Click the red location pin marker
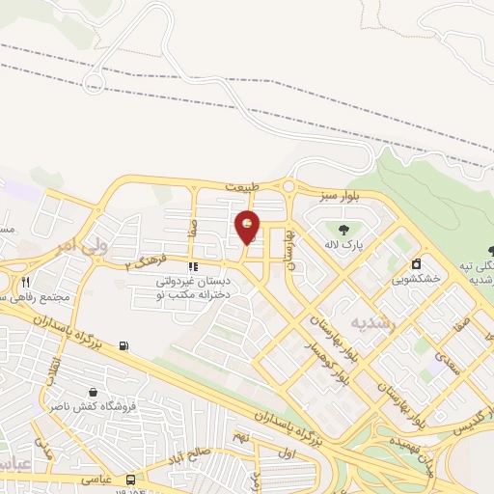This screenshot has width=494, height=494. (248, 227)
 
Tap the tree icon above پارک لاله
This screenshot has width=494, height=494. (343, 230)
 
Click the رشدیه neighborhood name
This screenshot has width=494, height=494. (372, 322)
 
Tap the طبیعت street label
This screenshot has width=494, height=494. (245, 185)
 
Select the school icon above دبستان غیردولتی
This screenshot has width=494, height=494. (193, 266)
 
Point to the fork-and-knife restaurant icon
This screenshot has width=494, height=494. (26, 283)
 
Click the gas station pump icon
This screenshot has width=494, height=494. (123, 346)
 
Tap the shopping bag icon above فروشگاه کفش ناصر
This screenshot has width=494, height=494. (93, 393)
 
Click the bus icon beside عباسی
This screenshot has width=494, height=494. (130, 478)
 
